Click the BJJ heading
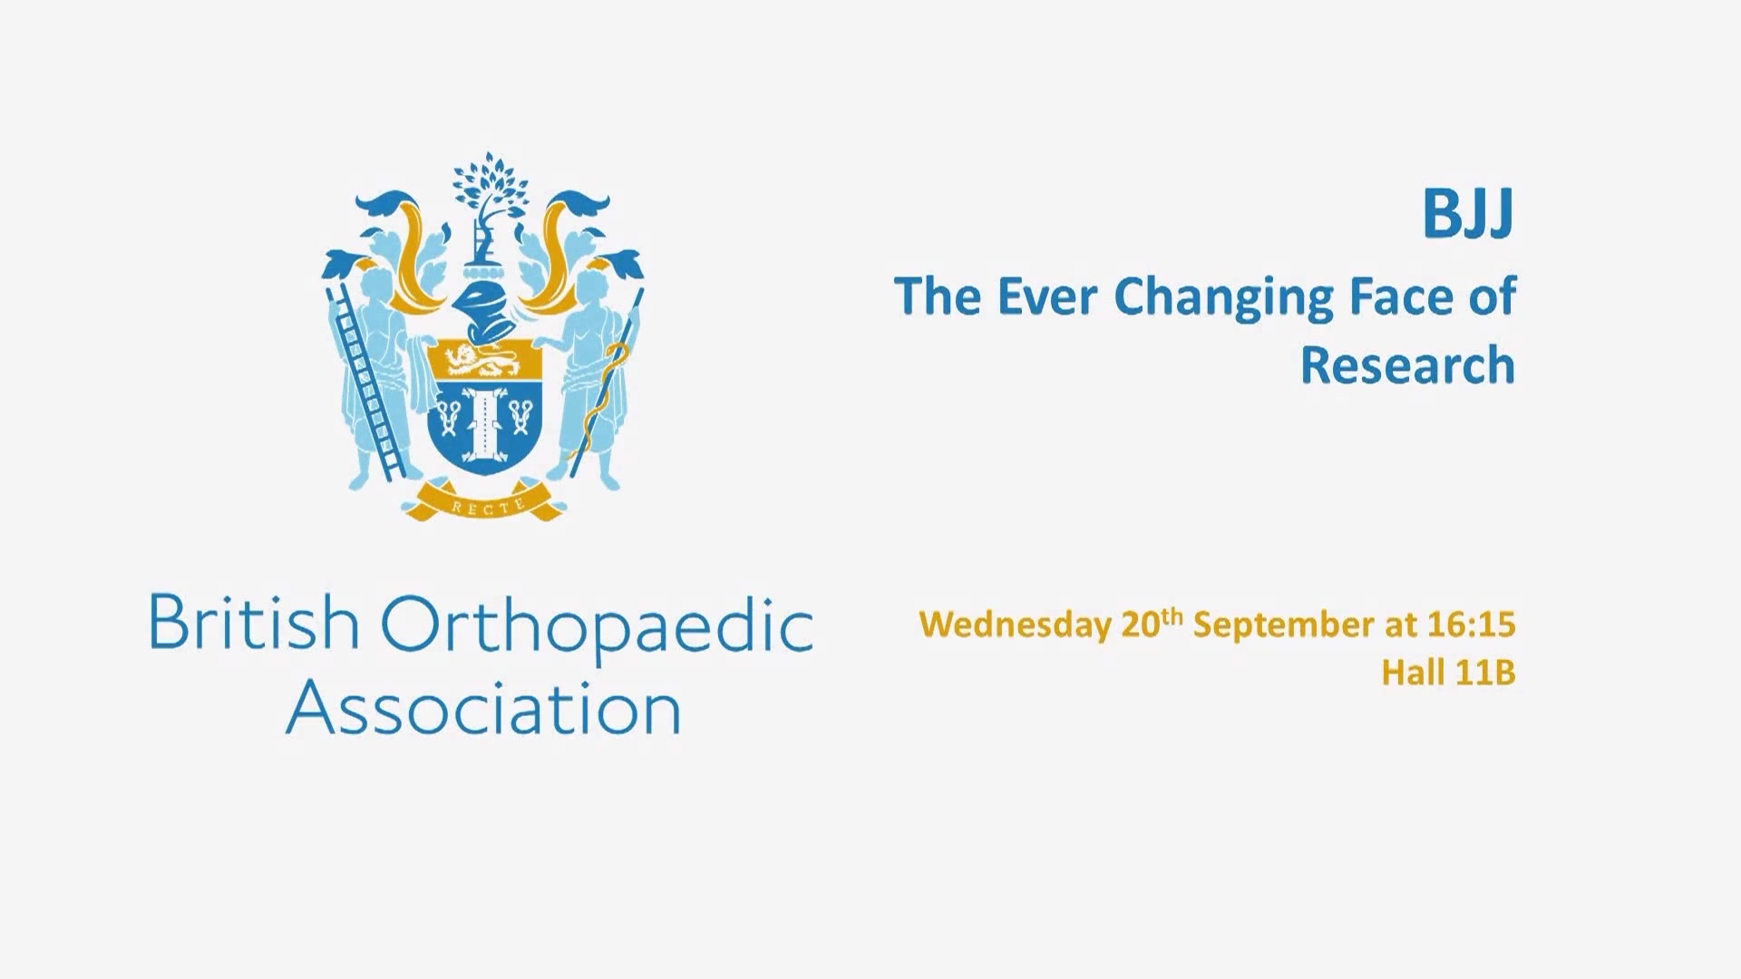[1468, 215]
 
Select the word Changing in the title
[1223, 298]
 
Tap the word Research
[1407, 365]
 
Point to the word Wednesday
[1015, 625]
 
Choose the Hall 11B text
[1448, 674]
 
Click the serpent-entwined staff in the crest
[605, 383]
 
